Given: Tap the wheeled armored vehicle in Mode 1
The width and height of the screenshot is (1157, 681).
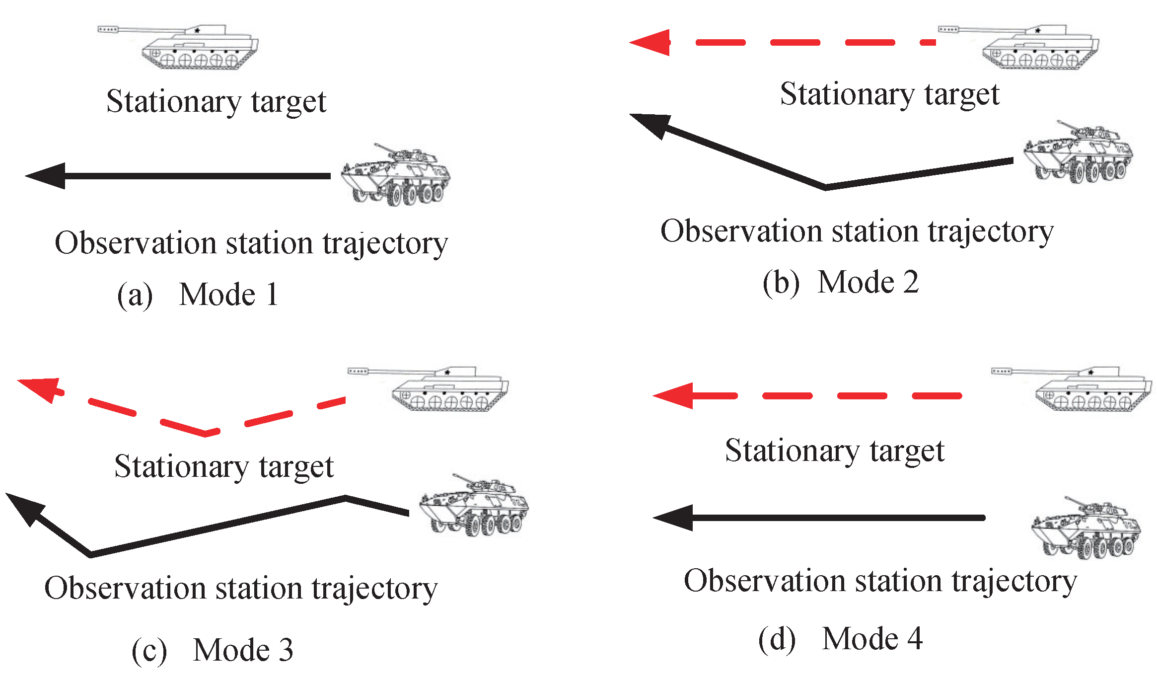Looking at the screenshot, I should point(396,176).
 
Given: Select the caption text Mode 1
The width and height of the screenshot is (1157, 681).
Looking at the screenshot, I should point(228,295).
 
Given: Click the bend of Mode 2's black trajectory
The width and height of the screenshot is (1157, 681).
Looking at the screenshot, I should point(825,187).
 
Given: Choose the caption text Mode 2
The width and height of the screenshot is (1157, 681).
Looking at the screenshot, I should point(868,283).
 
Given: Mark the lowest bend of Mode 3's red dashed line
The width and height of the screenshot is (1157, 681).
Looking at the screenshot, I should point(206,434).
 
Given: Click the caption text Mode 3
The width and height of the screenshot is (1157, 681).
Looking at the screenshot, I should point(243,650).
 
